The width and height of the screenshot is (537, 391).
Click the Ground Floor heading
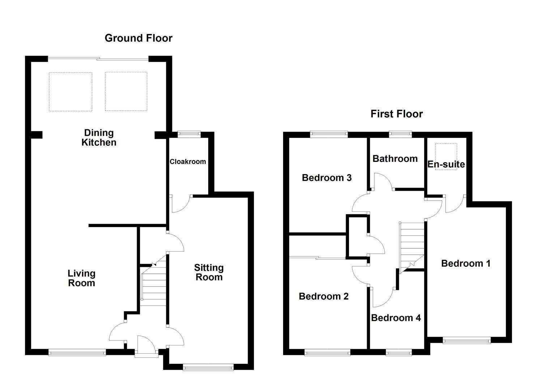[x=138, y=38]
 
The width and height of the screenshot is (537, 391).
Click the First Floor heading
[x=397, y=114]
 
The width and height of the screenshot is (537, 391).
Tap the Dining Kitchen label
[x=99, y=138]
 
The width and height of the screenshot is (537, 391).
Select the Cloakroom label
[x=188, y=161]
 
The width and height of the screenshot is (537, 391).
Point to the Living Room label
[x=81, y=278]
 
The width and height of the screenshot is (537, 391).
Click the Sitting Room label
[x=209, y=272]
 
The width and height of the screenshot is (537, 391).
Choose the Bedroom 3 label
[x=327, y=178]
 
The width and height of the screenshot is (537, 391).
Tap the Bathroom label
[x=395, y=159]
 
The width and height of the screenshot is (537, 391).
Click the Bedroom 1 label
[x=466, y=264]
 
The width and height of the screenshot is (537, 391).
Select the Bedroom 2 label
[x=324, y=297]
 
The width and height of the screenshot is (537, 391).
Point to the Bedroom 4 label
[x=396, y=318]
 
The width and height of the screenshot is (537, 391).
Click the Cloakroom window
[x=189, y=134]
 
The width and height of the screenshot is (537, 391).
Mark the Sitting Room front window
[x=208, y=367]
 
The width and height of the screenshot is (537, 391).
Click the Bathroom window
[x=400, y=134]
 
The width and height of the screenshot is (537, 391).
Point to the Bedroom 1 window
[x=466, y=340]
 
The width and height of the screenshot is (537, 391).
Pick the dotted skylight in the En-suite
[x=446, y=157]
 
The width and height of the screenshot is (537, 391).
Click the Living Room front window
[x=77, y=352]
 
